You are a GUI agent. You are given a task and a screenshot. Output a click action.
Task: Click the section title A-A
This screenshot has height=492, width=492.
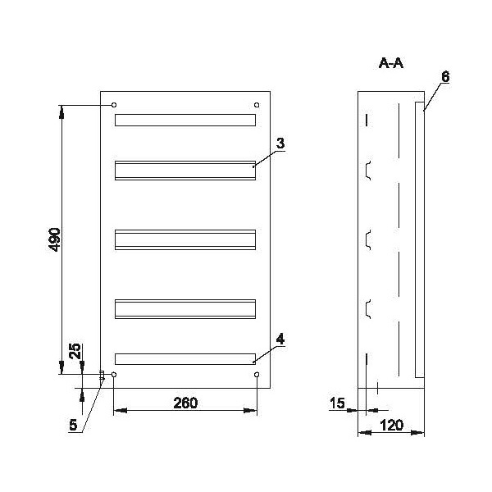(390, 63)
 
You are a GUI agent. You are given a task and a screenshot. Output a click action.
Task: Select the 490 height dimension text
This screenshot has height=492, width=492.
(55, 239)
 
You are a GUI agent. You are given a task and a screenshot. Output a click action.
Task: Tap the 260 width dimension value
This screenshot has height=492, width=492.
(185, 403)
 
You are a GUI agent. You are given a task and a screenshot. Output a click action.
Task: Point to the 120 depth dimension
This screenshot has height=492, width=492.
(391, 426)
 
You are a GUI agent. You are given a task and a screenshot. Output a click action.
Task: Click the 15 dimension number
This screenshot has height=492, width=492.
(337, 403)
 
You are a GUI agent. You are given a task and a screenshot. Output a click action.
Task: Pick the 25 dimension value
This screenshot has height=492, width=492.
(75, 352)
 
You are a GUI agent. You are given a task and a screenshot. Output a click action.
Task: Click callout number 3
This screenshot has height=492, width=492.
(280, 143)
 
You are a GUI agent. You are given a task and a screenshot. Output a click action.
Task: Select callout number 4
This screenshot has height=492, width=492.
(280, 339)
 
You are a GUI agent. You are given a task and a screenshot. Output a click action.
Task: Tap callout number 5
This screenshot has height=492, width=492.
(73, 425)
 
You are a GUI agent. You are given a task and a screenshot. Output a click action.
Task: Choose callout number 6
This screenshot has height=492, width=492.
(445, 77)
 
